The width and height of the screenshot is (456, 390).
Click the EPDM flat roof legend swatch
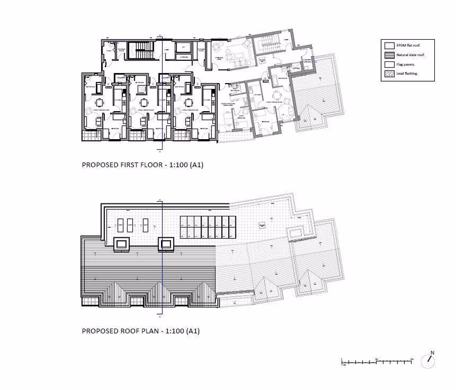(x=389, y=44)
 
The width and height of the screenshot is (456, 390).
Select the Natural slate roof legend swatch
(x=389, y=54)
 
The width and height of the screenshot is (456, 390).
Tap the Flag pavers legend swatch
(x=389, y=64)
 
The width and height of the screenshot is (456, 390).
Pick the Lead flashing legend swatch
(x=389, y=74)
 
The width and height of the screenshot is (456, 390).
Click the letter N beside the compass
(x=433, y=353)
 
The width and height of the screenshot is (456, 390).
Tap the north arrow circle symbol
(x=430, y=361)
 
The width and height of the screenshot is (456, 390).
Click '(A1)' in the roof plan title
(x=194, y=332)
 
